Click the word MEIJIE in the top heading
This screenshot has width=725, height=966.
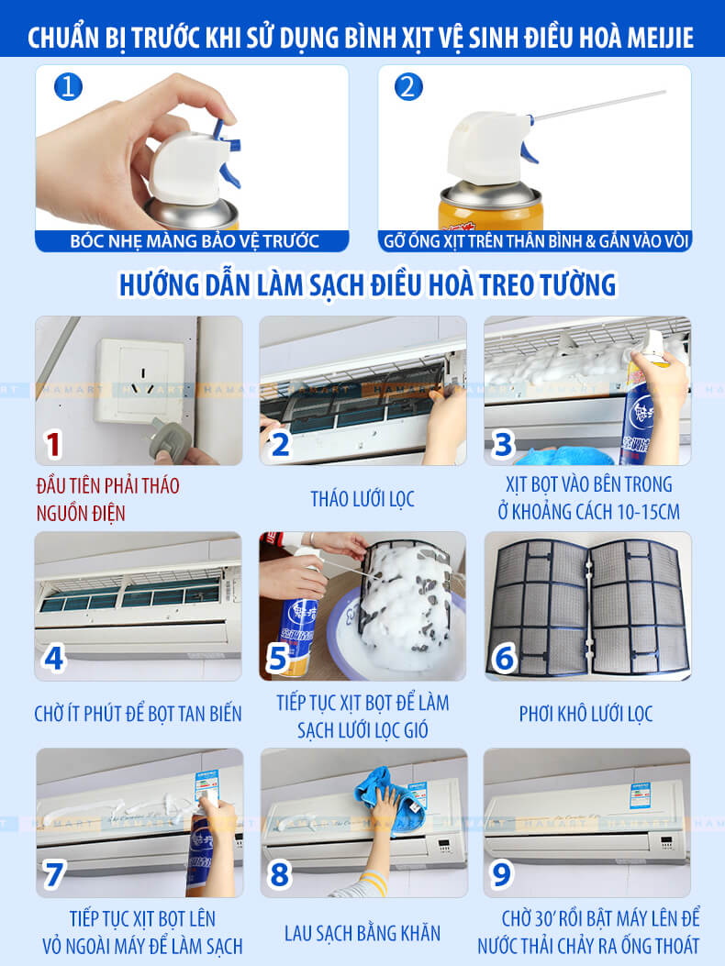click(660, 38)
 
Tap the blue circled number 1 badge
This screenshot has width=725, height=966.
click(68, 86)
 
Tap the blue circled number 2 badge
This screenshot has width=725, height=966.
click(408, 86)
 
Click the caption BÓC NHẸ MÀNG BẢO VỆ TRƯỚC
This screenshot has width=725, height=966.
click(195, 241)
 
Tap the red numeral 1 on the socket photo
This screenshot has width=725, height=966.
click(53, 445)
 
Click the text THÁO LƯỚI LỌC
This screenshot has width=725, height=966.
click(362, 499)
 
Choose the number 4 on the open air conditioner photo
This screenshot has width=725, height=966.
click(53, 659)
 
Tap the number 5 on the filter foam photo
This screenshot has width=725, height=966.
click(277, 659)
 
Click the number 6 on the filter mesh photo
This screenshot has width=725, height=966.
click(504, 659)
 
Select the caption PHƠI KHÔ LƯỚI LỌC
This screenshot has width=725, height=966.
click(586, 714)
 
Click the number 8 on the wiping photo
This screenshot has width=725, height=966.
click(279, 875)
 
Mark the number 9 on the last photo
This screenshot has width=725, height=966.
click(501, 875)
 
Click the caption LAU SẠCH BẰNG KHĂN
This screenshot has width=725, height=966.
click(362, 933)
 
